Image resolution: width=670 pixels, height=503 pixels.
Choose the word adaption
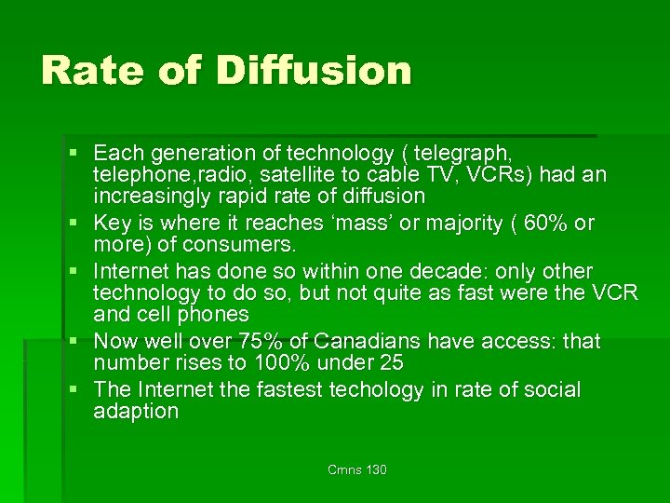click(136, 412)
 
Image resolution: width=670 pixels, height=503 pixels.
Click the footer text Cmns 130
click(356, 469)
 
